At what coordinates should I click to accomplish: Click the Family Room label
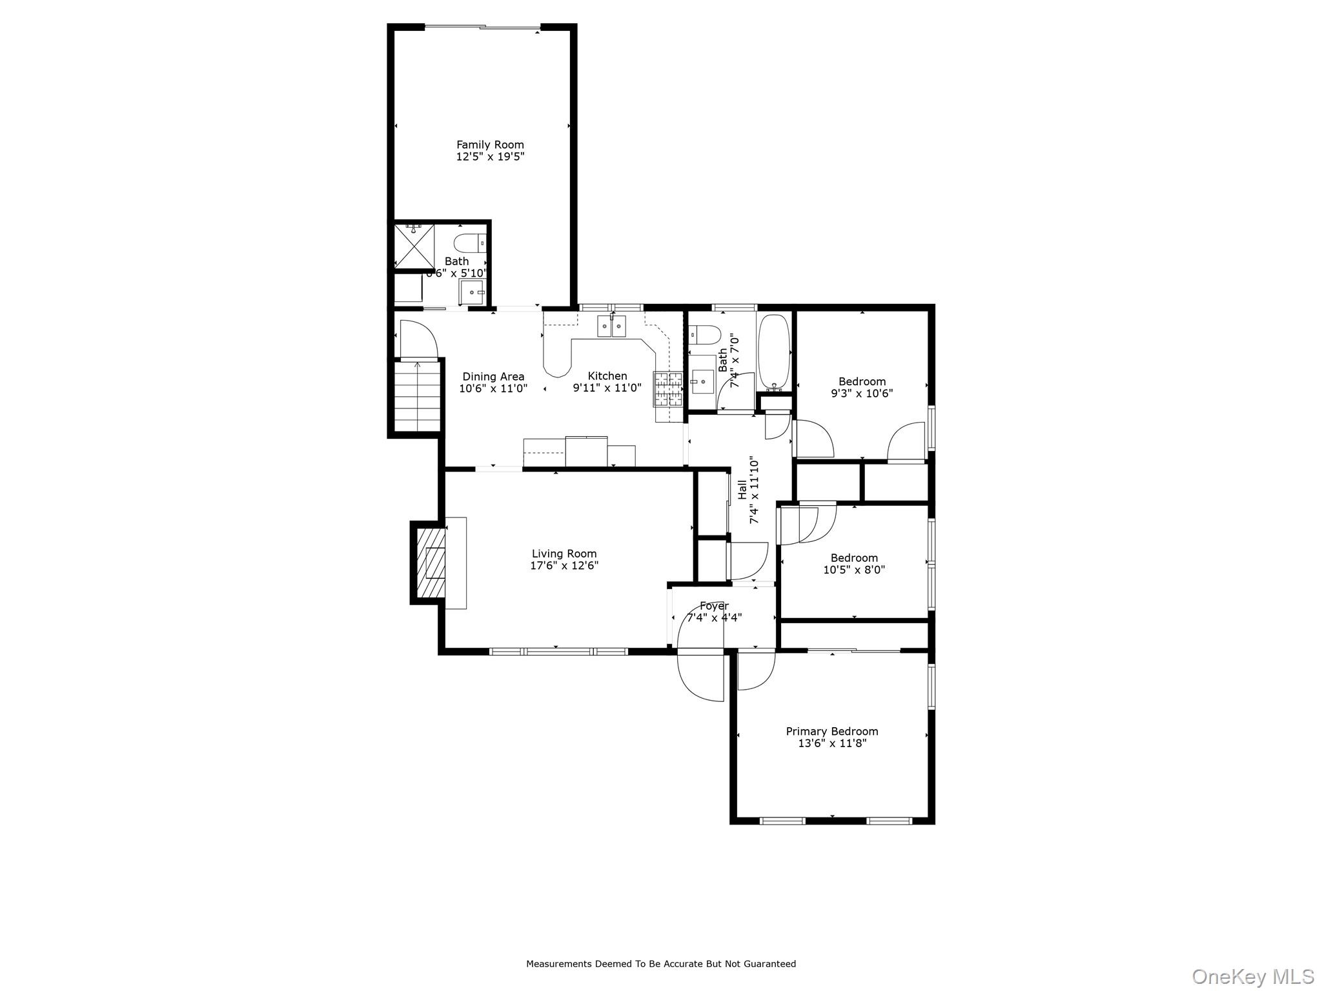(490, 145)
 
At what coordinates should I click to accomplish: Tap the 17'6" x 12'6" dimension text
(564, 566)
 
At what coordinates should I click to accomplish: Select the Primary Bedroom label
(831, 731)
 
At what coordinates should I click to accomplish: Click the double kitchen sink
(611, 326)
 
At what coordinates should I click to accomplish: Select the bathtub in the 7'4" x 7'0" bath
(773, 352)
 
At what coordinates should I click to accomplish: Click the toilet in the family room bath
(468, 244)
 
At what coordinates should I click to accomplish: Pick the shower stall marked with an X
(414, 246)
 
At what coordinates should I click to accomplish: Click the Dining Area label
(493, 377)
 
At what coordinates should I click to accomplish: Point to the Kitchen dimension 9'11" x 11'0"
(607, 388)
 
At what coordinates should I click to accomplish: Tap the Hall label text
(743, 488)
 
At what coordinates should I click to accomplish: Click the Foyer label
(714, 606)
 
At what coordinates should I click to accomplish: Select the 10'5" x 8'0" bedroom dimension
(854, 570)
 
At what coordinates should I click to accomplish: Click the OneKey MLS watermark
(1252, 976)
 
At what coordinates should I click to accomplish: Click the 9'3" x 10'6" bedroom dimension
(862, 393)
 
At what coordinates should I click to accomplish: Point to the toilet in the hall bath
(704, 335)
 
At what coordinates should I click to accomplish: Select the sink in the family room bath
(473, 292)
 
